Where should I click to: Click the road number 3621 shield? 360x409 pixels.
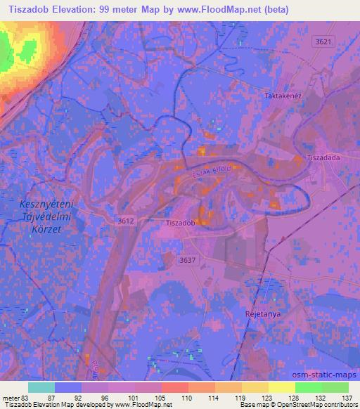click(x=323, y=43)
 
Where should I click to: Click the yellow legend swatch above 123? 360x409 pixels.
click(x=255, y=387)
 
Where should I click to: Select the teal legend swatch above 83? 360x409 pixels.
click(x=41, y=387)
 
